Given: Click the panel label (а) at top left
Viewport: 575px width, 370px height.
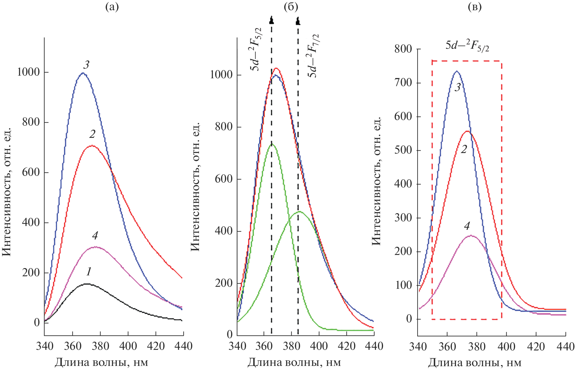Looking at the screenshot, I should click(112, 7).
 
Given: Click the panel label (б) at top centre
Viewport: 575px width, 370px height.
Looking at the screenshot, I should click(291, 7).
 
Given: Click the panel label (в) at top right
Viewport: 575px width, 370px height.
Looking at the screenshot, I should click(475, 7).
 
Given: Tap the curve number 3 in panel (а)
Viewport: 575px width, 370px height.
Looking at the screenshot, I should click(86, 65).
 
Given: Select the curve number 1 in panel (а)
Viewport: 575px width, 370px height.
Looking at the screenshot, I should click(89, 272).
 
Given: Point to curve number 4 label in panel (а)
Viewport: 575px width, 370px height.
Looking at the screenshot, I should click(95, 235).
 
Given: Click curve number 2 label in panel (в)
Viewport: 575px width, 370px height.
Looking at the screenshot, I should click(464, 150).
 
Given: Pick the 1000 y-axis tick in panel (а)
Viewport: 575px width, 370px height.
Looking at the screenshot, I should click(28, 72).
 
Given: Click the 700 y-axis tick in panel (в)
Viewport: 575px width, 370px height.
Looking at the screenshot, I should click(403, 83).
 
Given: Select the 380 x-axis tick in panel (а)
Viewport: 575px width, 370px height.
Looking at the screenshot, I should click(100, 346).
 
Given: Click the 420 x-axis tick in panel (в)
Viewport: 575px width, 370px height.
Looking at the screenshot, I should click(536, 347).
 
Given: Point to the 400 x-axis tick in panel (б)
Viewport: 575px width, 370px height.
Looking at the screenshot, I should click(319, 346).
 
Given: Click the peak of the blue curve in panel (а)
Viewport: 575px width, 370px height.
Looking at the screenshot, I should click(83, 73).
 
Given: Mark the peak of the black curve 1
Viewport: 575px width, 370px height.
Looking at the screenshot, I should click(87, 284).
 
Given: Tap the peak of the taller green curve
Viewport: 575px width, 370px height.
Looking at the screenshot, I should click(272, 144).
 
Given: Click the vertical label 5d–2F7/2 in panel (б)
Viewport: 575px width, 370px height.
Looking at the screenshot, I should click(313, 55).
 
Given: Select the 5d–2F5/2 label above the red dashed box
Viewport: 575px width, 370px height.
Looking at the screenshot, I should click(467, 46).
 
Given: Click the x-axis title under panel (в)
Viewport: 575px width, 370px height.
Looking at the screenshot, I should click(475, 363).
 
